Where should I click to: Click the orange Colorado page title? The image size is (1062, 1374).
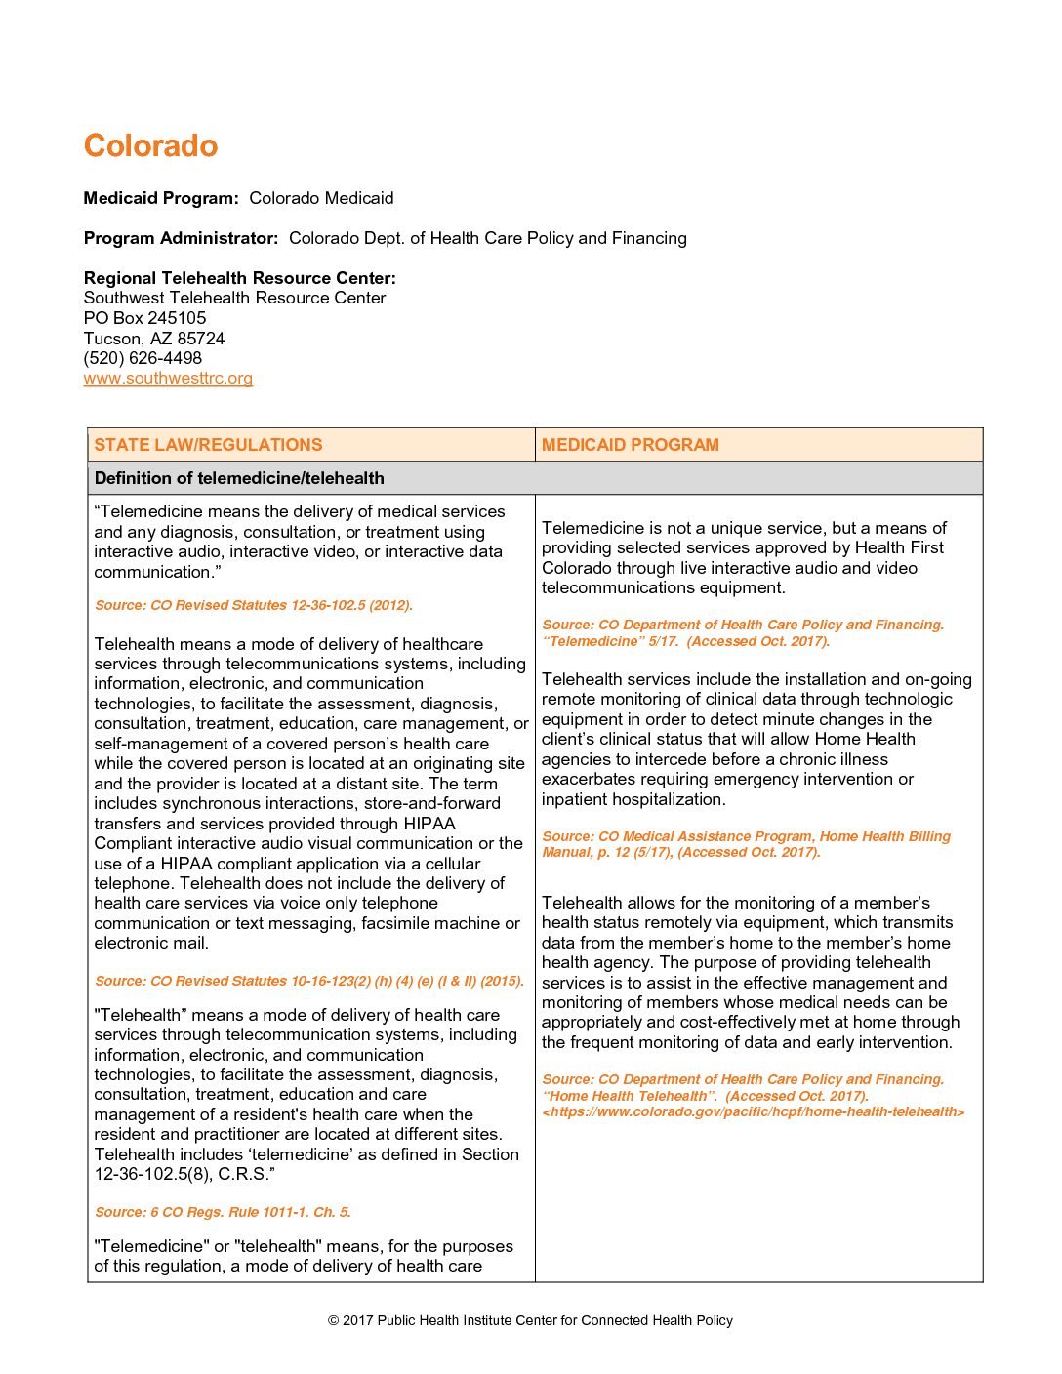click(x=150, y=145)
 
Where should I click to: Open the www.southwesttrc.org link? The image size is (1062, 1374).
click(x=168, y=379)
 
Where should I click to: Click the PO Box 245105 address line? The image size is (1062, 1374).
click(x=144, y=318)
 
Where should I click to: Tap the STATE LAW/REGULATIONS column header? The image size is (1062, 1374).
click(x=208, y=445)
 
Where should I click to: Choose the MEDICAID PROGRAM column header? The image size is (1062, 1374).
click(x=630, y=445)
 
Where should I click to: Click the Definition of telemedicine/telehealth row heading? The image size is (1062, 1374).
click(x=239, y=478)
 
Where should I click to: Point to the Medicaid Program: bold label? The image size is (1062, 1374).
click(x=161, y=198)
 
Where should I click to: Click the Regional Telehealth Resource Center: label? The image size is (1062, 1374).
click(x=239, y=278)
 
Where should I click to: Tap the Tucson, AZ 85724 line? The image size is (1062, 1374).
click(x=154, y=339)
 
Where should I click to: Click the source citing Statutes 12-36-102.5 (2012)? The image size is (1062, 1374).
click(x=254, y=605)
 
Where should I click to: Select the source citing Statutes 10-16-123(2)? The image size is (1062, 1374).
click(x=309, y=981)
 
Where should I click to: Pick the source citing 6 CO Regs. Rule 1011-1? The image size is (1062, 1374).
click(x=223, y=1212)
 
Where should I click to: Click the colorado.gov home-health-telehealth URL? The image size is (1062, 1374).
click(x=754, y=1112)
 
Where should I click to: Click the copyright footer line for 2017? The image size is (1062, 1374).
click(x=530, y=1320)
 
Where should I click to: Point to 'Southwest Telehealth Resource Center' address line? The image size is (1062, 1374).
click(x=234, y=298)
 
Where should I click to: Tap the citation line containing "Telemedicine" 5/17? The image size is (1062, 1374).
click(x=685, y=641)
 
